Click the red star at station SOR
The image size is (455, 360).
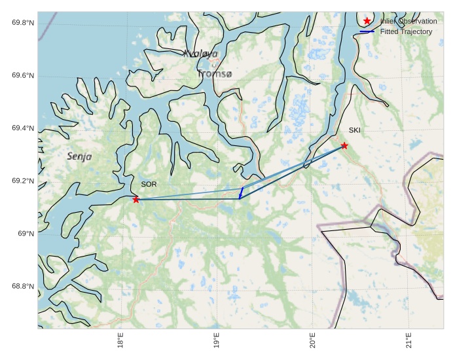[x=136, y=200]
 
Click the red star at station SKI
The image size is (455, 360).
[x=344, y=145]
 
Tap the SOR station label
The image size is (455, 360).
[x=149, y=185]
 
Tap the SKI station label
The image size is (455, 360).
[x=354, y=130]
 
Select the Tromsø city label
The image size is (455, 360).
[x=214, y=74]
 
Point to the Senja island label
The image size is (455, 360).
[x=79, y=157]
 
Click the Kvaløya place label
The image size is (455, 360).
[x=200, y=54]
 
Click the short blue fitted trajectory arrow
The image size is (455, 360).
[x=241, y=192]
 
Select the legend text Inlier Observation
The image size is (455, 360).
[x=409, y=22]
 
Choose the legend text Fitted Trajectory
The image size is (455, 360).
[x=407, y=31]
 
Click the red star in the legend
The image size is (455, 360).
[x=367, y=21]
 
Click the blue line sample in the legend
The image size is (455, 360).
[x=367, y=31]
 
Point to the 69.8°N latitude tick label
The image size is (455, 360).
[x=23, y=23]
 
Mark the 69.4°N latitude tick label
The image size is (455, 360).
[x=23, y=128]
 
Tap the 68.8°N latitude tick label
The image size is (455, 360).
[x=23, y=287]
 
